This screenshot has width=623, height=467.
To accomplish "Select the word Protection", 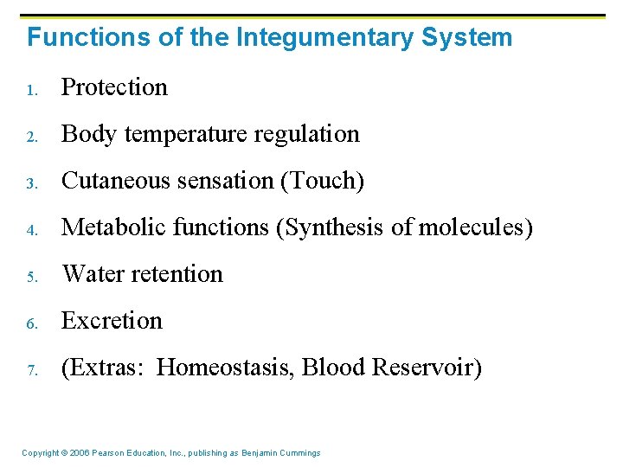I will coord(114,87).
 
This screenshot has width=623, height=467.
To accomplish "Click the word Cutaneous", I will coord(117,181).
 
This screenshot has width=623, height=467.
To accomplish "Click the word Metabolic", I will coord(114,227).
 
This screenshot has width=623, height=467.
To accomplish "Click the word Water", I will coord(90,274).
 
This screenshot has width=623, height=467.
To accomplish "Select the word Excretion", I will coord(112,321).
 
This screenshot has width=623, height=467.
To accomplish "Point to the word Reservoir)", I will coord(426,368).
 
